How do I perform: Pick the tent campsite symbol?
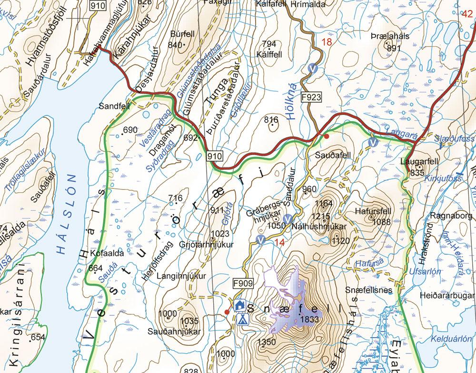click(242, 318)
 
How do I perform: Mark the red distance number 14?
click(279, 242)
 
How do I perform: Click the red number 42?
click(467, 13)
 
